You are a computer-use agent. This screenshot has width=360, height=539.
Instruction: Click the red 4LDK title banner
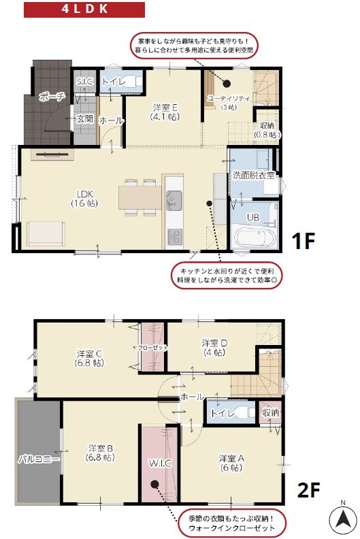point(84,10)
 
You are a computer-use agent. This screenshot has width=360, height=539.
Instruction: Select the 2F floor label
point(308,489)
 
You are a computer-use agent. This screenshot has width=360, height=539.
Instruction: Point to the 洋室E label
point(165,112)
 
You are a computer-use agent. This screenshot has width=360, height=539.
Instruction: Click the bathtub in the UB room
point(254,239)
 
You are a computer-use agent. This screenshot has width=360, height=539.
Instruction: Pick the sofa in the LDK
point(46,233)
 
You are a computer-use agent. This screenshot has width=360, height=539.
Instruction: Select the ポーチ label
point(52,97)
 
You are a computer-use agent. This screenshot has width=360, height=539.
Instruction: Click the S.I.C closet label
point(85,82)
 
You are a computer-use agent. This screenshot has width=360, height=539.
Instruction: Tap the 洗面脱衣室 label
point(253,176)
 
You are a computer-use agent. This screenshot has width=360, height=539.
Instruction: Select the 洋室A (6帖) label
point(231,462)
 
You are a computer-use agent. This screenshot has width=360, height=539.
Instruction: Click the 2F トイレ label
point(223,413)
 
